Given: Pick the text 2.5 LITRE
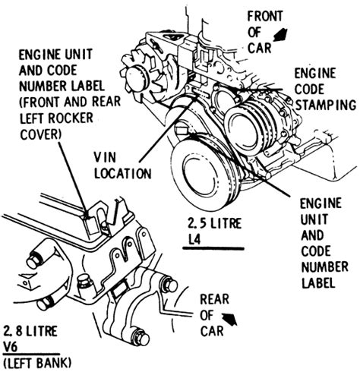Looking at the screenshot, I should point(216,224).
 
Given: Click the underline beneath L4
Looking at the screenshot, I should point(213,248).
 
